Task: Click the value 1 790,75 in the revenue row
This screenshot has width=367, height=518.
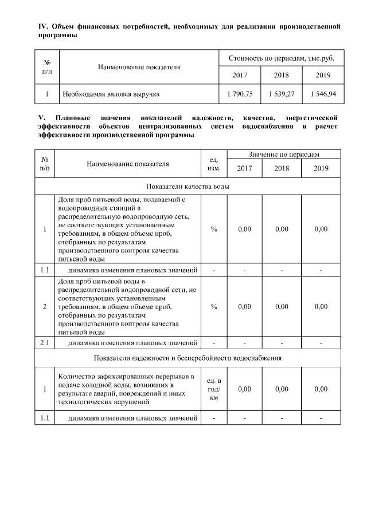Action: point(240,93)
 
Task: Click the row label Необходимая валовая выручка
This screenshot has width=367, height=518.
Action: point(111,93)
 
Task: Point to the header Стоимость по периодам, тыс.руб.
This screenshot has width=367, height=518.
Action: point(282,58)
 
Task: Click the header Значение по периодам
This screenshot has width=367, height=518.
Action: point(284,155)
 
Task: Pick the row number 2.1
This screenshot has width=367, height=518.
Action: point(45,343)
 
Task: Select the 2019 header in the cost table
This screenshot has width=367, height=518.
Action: point(323,75)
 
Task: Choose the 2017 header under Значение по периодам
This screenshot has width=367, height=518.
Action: point(245,168)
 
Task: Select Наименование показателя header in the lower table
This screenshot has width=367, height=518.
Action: point(128,163)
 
